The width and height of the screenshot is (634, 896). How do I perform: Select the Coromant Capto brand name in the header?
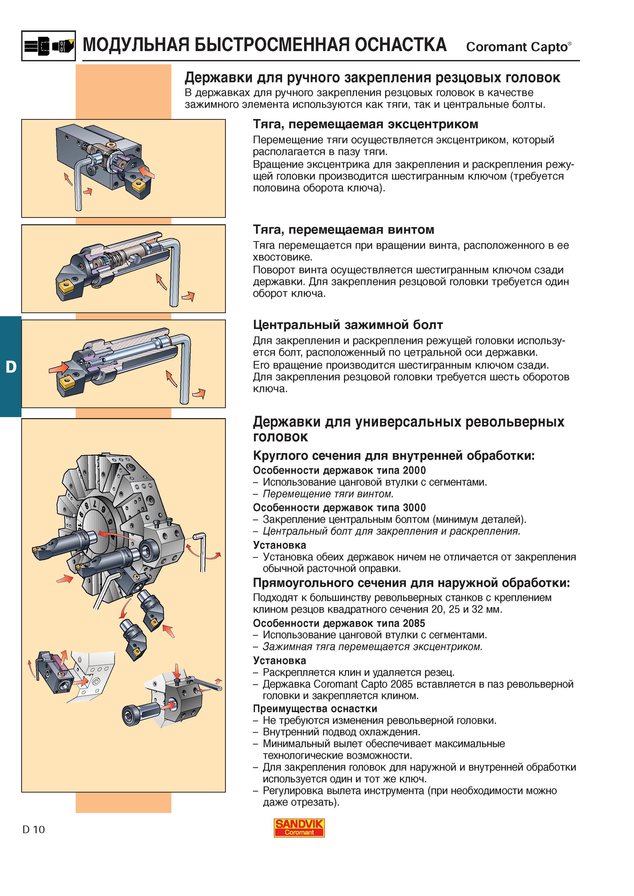point(519,46)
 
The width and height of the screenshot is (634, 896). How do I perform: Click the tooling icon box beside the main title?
point(48,46)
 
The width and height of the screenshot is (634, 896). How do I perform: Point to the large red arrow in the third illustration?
point(58,367)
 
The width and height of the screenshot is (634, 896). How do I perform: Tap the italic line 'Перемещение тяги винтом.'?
point(328,494)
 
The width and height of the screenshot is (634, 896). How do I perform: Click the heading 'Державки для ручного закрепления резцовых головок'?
point(372,78)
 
